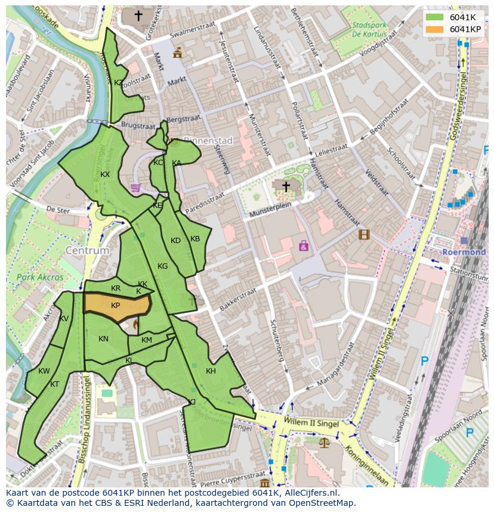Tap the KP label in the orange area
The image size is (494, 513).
pos(116,306)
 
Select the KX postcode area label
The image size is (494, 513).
pos(105,175)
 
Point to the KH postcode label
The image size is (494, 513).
pos(211,371)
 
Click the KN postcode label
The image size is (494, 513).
pos(103,339)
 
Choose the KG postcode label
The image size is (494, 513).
pos(162,266)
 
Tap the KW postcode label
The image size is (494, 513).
pos(44,371)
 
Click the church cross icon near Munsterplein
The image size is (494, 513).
pos(286,187)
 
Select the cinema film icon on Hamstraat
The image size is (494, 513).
pos(364,234)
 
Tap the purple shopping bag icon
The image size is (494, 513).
pos(304,245)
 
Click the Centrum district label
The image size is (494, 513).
pos(88,251)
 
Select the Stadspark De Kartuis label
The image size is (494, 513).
pos(370,30)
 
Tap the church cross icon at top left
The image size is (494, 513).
pos(138,15)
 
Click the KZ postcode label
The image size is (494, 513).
pos(119,83)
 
